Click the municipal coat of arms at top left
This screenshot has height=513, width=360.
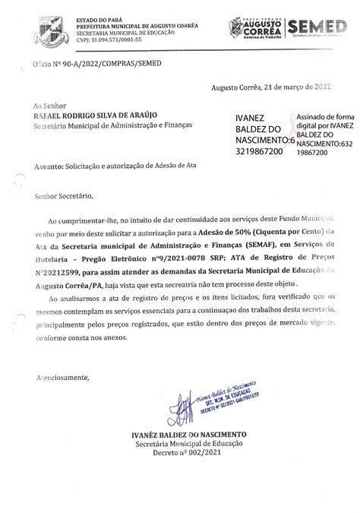click(30, 21)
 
